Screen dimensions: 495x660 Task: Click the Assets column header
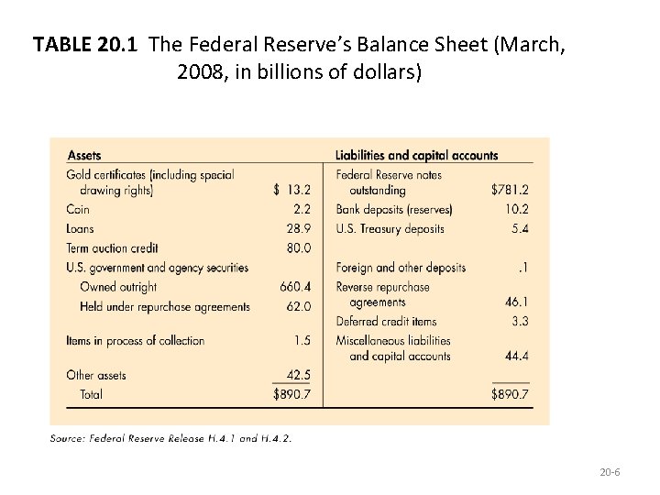point(84,156)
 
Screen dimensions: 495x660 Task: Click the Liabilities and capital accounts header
point(416,156)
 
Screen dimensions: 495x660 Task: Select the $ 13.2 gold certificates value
point(292,191)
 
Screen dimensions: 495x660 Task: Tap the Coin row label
point(78,209)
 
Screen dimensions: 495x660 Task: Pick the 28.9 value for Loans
point(299,228)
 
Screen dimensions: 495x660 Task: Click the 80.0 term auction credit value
point(299,247)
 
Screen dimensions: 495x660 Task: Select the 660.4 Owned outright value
point(295,287)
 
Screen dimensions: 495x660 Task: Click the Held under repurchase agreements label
point(165,306)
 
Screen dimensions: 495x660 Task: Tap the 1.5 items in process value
point(302,341)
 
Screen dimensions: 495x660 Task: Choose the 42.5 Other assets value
point(298,375)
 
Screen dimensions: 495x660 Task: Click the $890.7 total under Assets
point(292,394)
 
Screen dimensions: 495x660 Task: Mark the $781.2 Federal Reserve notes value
point(511,191)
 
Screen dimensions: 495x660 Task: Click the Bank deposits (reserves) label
point(394,209)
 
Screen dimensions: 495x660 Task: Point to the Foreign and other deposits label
point(401,268)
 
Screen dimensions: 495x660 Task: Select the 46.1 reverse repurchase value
point(516,301)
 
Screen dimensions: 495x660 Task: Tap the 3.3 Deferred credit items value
point(519,321)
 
